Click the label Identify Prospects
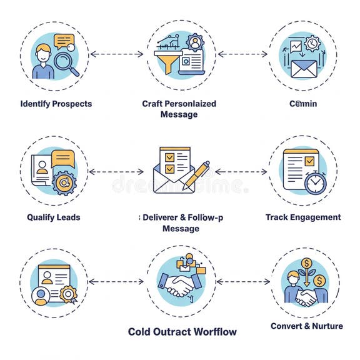click(x=56, y=103)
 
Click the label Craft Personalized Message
click(x=179, y=109)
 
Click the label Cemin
click(x=303, y=103)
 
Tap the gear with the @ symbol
click(x=62, y=182)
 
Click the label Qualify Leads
click(x=53, y=217)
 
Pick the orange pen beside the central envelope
click(x=196, y=176)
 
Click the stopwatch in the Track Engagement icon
click(x=316, y=182)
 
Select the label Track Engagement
click(x=303, y=217)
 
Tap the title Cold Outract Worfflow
click(x=182, y=331)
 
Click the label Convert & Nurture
click(x=306, y=326)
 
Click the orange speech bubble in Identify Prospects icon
click(x=64, y=42)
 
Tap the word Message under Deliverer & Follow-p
click(x=181, y=229)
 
